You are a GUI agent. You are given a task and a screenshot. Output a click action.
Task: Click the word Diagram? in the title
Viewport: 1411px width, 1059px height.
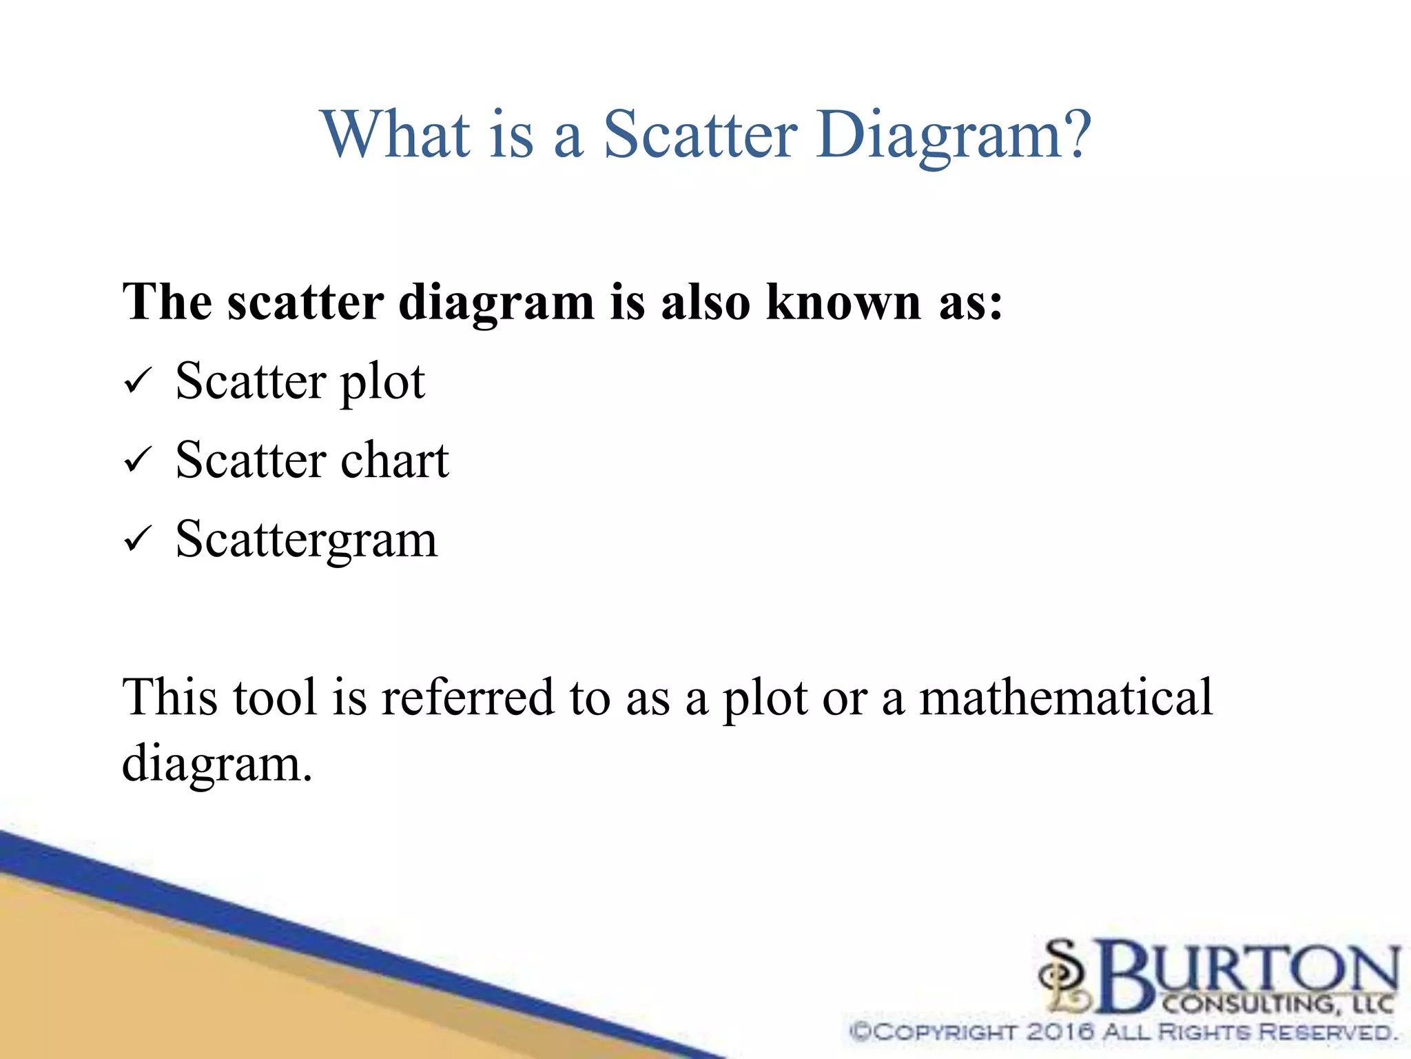(x=954, y=136)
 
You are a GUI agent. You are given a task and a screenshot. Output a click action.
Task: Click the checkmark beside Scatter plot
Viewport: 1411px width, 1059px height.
(x=137, y=381)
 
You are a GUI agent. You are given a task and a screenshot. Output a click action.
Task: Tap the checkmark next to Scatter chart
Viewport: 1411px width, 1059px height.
(x=137, y=460)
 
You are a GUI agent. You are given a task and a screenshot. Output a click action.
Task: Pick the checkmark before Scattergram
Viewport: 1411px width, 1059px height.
(x=137, y=539)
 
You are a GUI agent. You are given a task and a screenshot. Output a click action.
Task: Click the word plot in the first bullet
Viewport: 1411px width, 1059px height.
(x=382, y=383)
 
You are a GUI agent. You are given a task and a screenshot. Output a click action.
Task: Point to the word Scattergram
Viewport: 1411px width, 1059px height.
(x=307, y=540)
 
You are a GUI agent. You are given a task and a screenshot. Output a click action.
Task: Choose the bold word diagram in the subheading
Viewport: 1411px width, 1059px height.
(x=496, y=303)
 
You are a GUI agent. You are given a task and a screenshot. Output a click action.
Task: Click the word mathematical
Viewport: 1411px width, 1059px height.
(x=1066, y=697)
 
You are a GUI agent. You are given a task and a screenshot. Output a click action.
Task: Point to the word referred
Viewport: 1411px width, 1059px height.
(x=468, y=697)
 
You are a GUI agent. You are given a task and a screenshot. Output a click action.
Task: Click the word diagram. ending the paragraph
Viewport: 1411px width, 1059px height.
(x=217, y=765)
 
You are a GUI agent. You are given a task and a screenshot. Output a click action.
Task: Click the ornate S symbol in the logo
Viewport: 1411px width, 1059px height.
(x=1066, y=974)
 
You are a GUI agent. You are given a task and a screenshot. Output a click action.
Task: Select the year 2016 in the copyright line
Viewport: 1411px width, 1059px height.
(x=1060, y=1032)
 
